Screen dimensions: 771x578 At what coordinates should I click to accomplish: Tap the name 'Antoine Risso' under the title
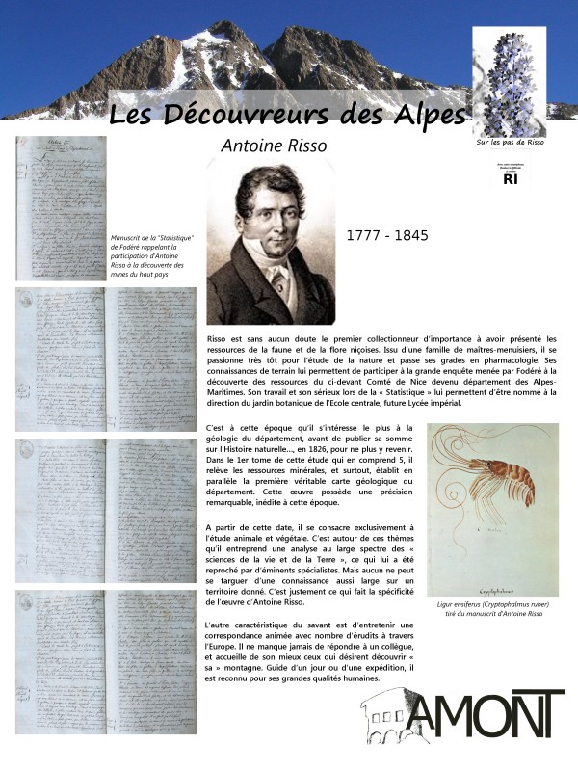tap(274, 146)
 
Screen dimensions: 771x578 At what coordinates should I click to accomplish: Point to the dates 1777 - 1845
tap(386, 235)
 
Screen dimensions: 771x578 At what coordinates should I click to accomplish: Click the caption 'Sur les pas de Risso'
tap(511, 142)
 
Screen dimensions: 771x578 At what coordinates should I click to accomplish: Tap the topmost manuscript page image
tap(61, 207)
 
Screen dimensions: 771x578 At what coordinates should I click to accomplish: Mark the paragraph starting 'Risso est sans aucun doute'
tap(381, 371)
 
